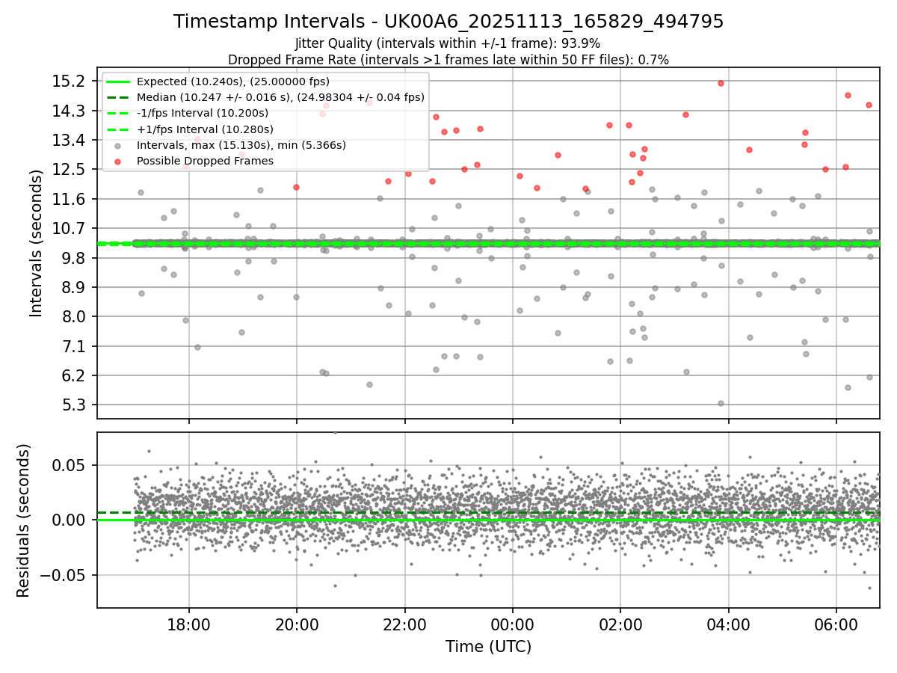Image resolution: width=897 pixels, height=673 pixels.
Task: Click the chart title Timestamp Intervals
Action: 449,22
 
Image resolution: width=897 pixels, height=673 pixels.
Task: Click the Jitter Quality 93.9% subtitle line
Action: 448,43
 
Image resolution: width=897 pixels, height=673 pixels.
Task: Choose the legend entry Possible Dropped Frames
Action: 204,161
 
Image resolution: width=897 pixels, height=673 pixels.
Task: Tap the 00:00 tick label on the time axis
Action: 513,623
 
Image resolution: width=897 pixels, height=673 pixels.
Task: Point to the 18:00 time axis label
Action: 188,623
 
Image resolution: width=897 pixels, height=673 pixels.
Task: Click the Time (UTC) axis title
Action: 488,646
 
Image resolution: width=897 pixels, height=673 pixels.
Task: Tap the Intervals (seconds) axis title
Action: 36,243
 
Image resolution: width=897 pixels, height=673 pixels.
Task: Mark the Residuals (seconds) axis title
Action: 23,520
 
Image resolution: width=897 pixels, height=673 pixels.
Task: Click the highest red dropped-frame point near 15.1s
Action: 721,83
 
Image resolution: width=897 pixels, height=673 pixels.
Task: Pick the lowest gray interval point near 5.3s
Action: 721,403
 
